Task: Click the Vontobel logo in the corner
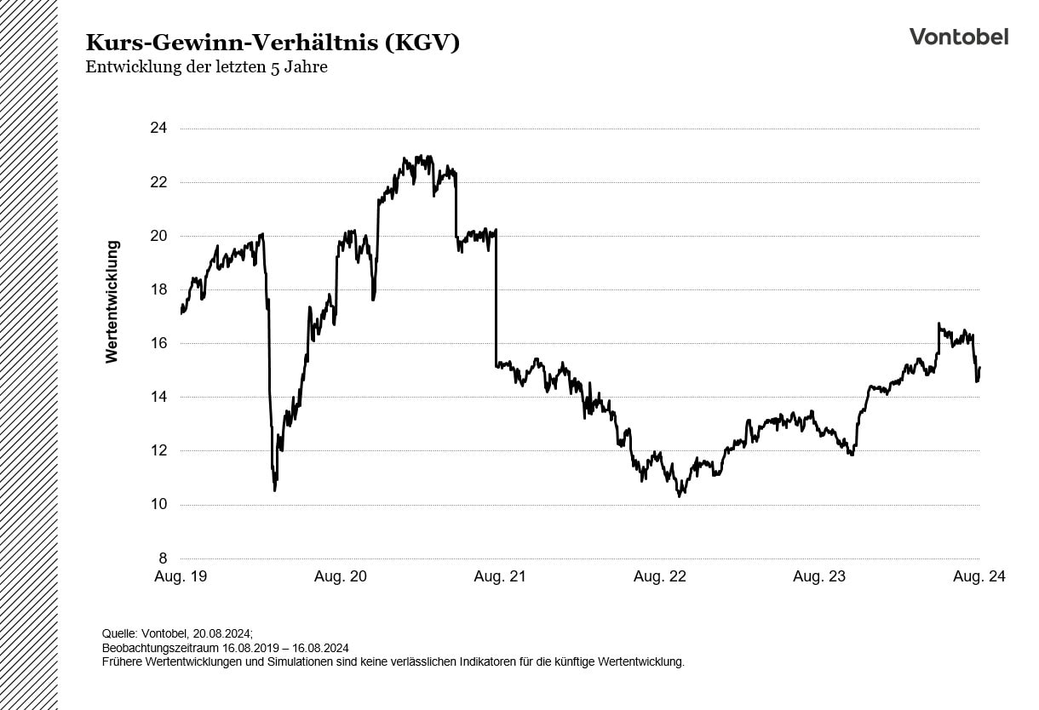pyautogui.click(x=958, y=37)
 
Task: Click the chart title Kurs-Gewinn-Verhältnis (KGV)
pyautogui.click(x=273, y=43)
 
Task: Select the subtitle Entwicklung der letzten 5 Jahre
pyautogui.click(x=206, y=67)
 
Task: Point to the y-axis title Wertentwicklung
pyautogui.click(x=112, y=302)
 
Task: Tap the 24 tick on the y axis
pyautogui.click(x=159, y=129)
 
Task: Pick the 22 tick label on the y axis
pyautogui.click(x=159, y=182)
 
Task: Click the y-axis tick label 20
pyautogui.click(x=159, y=236)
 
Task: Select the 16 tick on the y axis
pyautogui.click(x=159, y=343)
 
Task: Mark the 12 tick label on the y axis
pyautogui.click(x=159, y=450)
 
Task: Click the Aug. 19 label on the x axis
pyautogui.click(x=181, y=576)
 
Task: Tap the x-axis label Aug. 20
pyautogui.click(x=341, y=576)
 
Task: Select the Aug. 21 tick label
pyautogui.click(x=500, y=576)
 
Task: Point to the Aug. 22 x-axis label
pyautogui.click(x=659, y=576)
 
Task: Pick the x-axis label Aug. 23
pyautogui.click(x=819, y=576)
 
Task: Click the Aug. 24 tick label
pyautogui.click(x=979, y=576)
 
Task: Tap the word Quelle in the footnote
pyautogui.click(x=118, y=633)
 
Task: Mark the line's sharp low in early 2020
pyautogui.click(x=274, y=489)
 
